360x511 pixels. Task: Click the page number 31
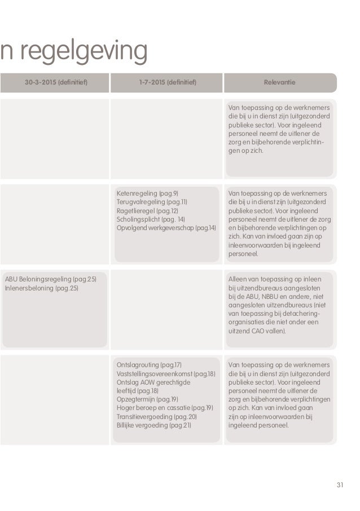point(339,484)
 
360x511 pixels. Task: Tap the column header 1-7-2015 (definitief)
point(168,83)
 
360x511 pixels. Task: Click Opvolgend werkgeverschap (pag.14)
point(166,227)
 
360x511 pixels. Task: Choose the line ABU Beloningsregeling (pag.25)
point(50,280)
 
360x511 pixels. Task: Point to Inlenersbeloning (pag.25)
point(41,288)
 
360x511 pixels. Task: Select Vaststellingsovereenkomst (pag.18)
point(165,374)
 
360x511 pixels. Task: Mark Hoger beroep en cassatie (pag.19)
point(164,408)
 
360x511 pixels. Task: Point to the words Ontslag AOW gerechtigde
point(153,382)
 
